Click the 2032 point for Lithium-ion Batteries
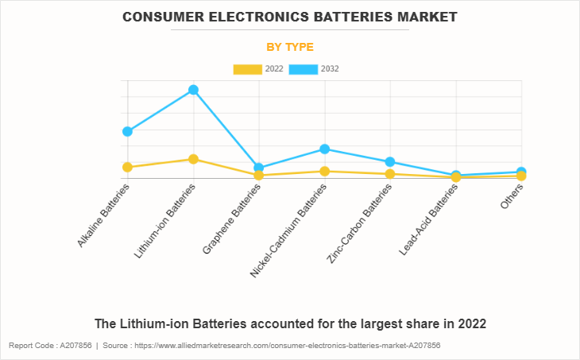[193, 90]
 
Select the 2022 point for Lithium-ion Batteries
[193, 159]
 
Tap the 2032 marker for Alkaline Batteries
[127, 131]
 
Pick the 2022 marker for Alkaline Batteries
[127, 167]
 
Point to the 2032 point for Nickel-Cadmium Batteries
[324, 149]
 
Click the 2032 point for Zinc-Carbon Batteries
[390, 162]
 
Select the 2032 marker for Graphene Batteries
[258, 168]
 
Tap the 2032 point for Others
[521, 172]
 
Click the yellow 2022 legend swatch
[247, 69]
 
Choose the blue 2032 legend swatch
[304, 69]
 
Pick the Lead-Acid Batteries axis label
[430, 219]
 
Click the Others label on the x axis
[512, 196]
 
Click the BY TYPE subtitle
[290, 47]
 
